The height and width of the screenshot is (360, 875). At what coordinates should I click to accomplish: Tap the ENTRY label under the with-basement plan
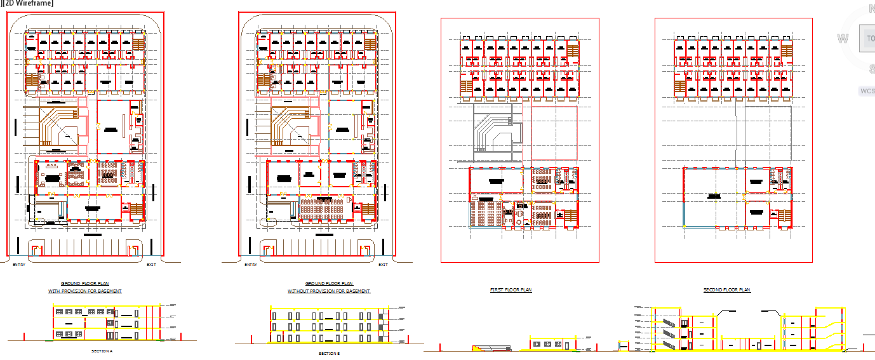pos(18,265)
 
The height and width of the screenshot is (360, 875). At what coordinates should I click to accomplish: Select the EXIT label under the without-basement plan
pos(383,265)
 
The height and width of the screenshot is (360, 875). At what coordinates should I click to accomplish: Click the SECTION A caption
pos(102,350)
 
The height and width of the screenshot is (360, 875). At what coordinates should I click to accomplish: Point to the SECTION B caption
pos(329,353)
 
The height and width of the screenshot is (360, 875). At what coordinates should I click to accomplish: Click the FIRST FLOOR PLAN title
pos(511,290)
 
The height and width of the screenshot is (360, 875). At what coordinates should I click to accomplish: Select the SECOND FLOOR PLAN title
pos(726,290)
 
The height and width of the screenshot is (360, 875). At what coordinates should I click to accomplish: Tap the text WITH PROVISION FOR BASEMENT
pos(85,291)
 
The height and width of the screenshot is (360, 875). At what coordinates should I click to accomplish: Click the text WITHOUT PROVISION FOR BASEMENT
pos(329,291)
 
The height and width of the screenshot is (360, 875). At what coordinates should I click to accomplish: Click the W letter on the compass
pos(843,39)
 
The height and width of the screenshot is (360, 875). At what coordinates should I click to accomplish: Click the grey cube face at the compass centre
pos(867,39)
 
